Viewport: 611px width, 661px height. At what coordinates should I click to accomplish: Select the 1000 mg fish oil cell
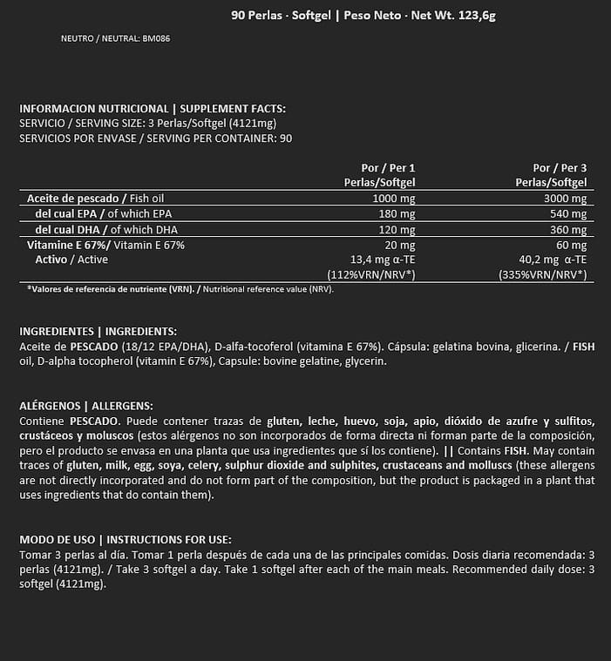point(394,199)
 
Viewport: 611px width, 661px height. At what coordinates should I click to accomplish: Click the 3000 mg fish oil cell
point(566,199)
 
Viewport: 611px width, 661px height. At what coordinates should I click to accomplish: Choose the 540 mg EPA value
point(568,214)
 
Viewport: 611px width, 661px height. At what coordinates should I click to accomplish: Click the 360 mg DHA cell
point(568,230)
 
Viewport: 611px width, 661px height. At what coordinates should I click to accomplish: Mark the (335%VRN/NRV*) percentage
point(542,274)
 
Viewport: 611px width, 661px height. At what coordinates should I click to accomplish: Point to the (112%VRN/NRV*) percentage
point(370,274)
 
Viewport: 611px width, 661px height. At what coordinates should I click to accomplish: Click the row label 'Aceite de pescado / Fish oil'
point(96,199)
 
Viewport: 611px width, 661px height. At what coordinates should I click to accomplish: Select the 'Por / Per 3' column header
point(560,167)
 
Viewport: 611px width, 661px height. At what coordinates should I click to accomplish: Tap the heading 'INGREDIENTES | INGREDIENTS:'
point(98,332)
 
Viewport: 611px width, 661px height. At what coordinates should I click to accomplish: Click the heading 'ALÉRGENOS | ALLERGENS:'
point(86,406)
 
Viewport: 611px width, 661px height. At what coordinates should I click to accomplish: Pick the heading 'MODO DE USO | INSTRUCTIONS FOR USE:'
point(125,540)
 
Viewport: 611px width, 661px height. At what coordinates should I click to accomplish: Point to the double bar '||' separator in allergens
point(450,451)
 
